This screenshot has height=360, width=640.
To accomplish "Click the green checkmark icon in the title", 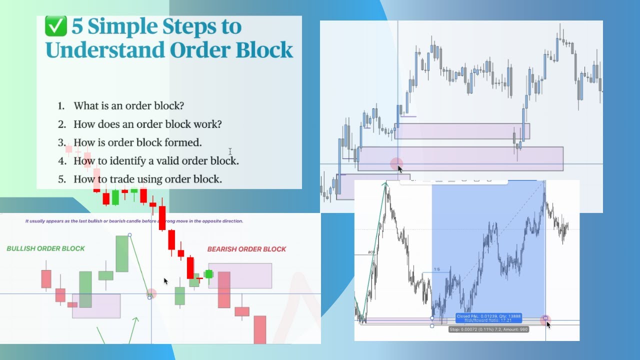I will (55, 26).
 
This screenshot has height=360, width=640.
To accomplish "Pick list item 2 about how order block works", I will (147, 124).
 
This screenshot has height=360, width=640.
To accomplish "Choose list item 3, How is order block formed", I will (137, 142).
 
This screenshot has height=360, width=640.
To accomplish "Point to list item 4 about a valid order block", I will (156, 161).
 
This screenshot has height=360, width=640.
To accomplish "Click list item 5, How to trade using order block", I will (147, 179).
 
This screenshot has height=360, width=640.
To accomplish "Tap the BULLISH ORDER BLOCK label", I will (46, 248).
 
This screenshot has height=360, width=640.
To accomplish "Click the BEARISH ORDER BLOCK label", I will (246, 249).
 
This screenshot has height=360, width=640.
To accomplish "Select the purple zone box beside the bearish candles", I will (240, 275).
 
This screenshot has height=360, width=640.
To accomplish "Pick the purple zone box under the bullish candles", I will (96, 306).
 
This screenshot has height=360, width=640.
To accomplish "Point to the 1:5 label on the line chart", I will (436, 269).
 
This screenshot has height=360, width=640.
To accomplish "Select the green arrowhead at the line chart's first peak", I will (386, 184).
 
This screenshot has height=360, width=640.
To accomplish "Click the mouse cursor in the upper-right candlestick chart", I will (399, 168).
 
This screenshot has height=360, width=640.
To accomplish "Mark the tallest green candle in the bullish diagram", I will (122, 253).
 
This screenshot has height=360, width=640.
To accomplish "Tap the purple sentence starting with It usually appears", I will (134, 220).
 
